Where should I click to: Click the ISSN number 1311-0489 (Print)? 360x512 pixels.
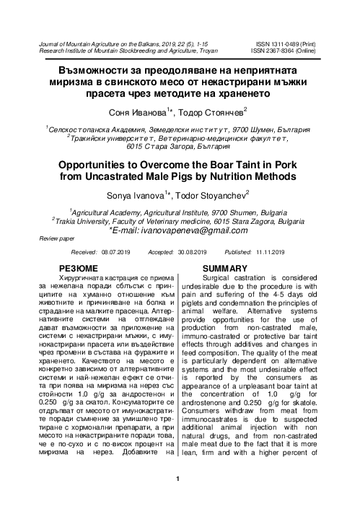pyautogui.click(x=289, y=45)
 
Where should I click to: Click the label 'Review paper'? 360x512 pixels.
pyautogui.click(x=58, y=217)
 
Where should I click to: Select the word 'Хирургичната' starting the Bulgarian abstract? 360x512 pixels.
pyautogui.click(x=108, y=258)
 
